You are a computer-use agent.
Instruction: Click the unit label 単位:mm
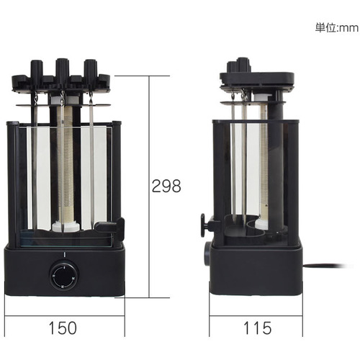337,28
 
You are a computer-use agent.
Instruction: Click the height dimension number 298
166,186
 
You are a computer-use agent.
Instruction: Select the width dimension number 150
63,328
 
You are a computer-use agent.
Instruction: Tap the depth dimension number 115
258,328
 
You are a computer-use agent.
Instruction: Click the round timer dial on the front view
64,276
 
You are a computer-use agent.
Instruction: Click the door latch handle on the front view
110,228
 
